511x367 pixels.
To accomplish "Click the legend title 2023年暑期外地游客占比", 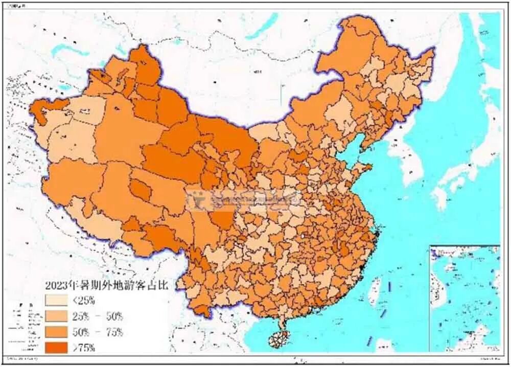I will pyautogui.click(x=107, y=284).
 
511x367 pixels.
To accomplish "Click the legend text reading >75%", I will pyautogui.click(x=85, y=348).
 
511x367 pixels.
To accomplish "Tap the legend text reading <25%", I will pyautogui.click(x=85, y=300).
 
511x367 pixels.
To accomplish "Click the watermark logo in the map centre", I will pyautogui.click(x=199, y=200).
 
